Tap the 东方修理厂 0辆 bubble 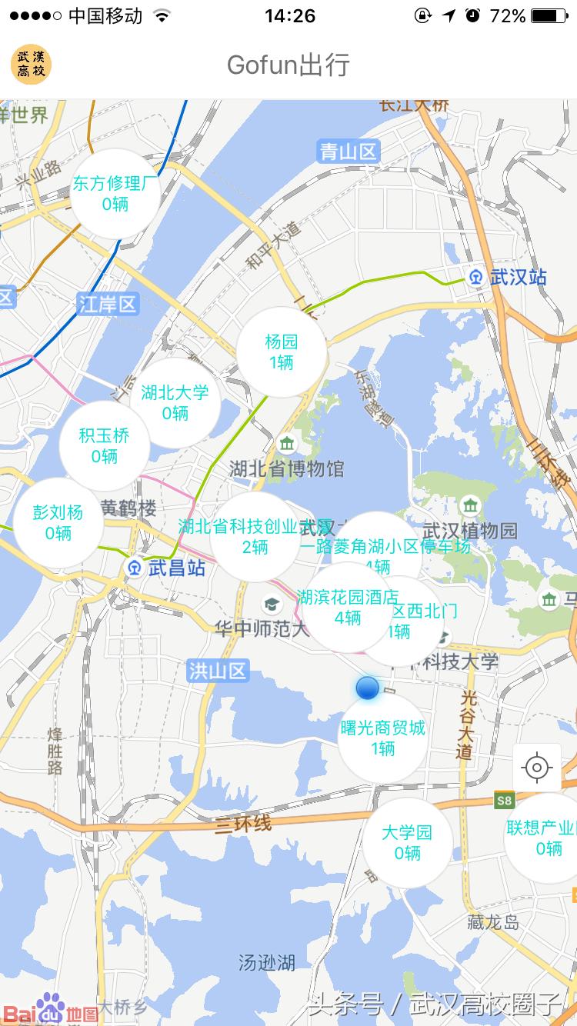pos(115,194)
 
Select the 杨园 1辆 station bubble pos(281,352)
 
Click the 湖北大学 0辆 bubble pos(175,402)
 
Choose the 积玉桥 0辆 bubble pos(104,446)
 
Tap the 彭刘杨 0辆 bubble pos(58,522)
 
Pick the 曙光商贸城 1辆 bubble pos(382,738)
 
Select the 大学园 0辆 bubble pos(407,843)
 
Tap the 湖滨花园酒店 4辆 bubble pos(348,607)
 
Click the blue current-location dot pos(368,688)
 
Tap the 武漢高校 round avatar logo pos(31,64)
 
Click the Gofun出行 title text pos(288,65)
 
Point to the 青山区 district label pos(349,152)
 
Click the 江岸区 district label pos(108,304)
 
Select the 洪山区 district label pos(218,671)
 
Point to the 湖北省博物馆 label pos(286,468)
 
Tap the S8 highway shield pos(503,801)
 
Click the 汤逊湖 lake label pos(266,962)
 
